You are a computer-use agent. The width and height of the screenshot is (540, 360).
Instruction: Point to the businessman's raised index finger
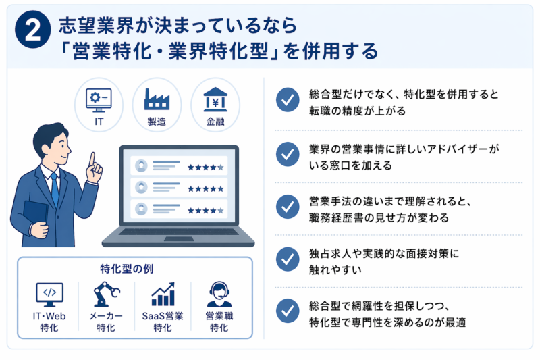pyautogui.click(x=92, y=159)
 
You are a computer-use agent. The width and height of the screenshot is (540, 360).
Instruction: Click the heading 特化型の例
pyautogui.click(x=134, y=267)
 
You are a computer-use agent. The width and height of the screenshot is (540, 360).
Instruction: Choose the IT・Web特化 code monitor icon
pyautogui.click(x=49, y=294)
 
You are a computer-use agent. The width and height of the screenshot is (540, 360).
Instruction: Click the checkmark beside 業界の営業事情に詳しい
pyautogui.click(x=288, y=154)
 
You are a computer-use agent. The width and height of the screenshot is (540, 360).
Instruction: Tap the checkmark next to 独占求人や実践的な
pyautogui.click(x=288, y=259)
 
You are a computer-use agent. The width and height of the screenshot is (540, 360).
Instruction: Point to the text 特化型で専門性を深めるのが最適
pyautogui.click(x=387, y=322)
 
